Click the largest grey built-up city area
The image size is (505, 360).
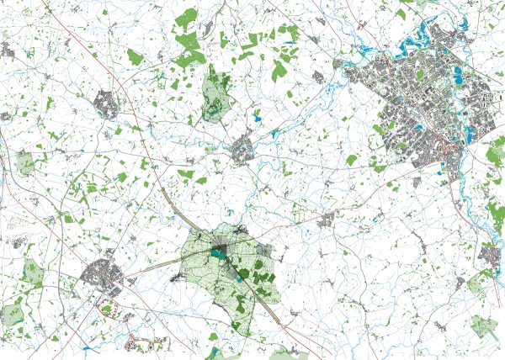click(421, 105)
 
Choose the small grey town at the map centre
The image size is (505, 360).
click(243, 151)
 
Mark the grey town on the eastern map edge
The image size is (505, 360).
click(490, 252)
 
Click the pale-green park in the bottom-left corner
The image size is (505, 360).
click(13, 315)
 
